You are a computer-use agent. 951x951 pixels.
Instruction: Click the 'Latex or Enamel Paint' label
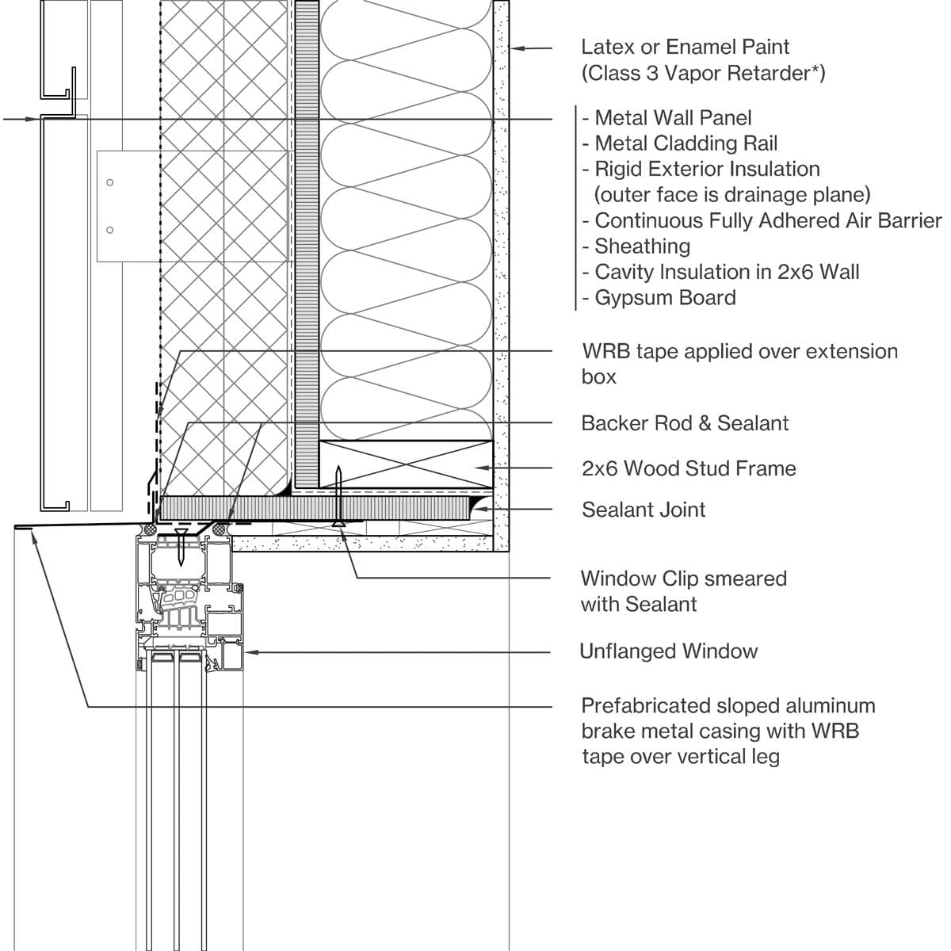(x=685, y=48)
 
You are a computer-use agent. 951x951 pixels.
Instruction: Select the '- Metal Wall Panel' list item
(x=666, y=118)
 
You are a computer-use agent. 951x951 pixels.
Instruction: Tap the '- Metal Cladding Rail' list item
(x=680, y=143)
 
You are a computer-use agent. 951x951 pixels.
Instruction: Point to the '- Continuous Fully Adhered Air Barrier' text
(x=762, y=220)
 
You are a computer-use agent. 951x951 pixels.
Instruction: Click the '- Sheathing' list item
(x=636, y=246)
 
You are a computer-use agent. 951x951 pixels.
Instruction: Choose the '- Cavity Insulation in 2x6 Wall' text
(x=720, y=272)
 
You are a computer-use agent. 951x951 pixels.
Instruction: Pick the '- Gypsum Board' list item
(x=659, y=298)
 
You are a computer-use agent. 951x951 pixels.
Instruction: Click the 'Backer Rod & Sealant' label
(x=685, y=423)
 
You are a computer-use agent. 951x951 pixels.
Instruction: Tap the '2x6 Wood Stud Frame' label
(x=689, y=468)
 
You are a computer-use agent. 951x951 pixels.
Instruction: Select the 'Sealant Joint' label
(x=644, y=510)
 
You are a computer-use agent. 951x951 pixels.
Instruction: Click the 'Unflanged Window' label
(x=669, y=651)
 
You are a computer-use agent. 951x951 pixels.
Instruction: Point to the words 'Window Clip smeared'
(x=683, y=579)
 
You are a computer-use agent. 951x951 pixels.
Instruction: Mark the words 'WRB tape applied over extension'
(x=739, y=351)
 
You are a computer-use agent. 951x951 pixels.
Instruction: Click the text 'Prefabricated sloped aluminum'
(x=728, y=705)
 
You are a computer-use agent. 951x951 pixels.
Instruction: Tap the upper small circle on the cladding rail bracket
(x=110, y=183)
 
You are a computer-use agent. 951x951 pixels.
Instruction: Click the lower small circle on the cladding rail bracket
(x=110, y=231)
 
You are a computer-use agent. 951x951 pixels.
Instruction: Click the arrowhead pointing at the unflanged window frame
(x=250, y=652)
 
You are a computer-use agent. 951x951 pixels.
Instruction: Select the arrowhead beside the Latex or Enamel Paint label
(x=515, y=48)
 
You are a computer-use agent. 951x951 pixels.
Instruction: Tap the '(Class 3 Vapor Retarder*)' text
(x=703, y=74)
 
